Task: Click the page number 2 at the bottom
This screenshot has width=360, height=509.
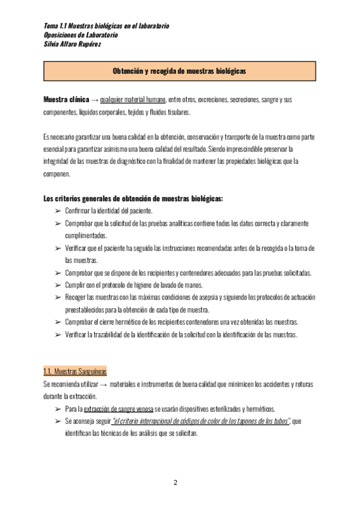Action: tap(175, 483)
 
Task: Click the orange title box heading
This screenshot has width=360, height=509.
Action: tap(179, 70)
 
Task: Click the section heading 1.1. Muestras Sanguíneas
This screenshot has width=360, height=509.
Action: tap(76, 371)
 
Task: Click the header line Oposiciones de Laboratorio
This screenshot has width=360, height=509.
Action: tap(81, 35)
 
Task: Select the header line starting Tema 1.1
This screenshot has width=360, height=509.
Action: tap(107, 26)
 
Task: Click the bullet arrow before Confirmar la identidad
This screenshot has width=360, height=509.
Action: tap(58, 211)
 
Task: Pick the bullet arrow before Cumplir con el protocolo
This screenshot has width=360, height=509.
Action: tap(58, 285)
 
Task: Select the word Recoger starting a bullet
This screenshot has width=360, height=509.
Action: tap(76, 298)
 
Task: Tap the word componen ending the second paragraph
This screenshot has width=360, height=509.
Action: tap(57, 174)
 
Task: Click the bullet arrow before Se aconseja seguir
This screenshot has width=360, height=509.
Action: tap(58, 421)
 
